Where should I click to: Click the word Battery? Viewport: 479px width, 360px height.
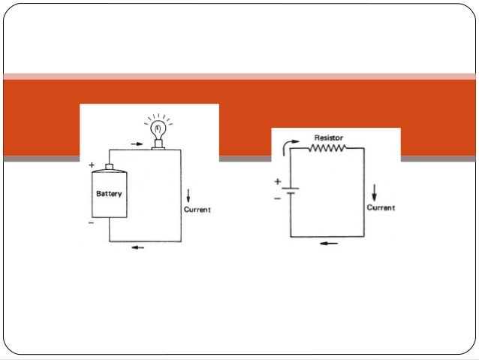click(x=109, y=194)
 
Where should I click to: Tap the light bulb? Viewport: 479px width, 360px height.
click(x=158, y=132)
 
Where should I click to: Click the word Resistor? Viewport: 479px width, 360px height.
click(x=329, y=138)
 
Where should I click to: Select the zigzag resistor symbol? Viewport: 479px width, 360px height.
click(x=327, y=148)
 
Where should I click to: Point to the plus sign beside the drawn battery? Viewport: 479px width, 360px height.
click(x=92, y=165)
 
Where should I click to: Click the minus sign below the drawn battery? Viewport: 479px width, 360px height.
click(x=91, y=223)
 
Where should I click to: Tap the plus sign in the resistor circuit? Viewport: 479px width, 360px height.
click(x=277, y=182)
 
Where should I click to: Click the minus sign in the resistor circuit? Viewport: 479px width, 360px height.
click(x=277, y=198)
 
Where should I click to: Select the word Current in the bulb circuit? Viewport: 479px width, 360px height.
click(x=197, y=210)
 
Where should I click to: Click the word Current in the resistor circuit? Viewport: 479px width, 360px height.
click(x=381, y=207)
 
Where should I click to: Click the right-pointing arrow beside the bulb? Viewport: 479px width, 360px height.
click(x=137, y=144)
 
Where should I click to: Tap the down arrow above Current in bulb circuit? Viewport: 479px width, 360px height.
click(x=188, y=195)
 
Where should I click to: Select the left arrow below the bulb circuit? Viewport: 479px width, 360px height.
click(x=138, y=247)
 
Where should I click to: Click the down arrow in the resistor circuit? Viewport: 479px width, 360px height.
click(x=374, y=192)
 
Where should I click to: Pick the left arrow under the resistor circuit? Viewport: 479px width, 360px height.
click(x=329, y=244)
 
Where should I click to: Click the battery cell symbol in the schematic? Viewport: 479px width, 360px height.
click(x=291, y=191)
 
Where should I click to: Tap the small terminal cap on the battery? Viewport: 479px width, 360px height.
click(x=109, y=167)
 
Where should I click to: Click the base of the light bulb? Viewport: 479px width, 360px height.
click(x=158, y=144)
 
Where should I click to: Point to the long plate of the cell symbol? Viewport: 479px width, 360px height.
click(x=291, y=189)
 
